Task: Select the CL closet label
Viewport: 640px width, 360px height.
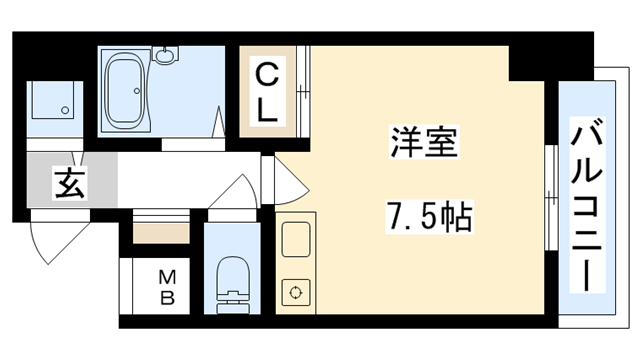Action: click(267, 93)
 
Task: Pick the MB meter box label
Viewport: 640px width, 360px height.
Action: click(166, 287)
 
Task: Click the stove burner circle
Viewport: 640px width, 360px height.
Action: click(296, 293)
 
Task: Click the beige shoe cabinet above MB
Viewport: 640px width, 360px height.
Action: click(160, 235)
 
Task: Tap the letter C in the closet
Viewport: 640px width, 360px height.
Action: click(266, 75)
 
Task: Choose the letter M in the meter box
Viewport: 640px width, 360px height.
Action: click(166, 277)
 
